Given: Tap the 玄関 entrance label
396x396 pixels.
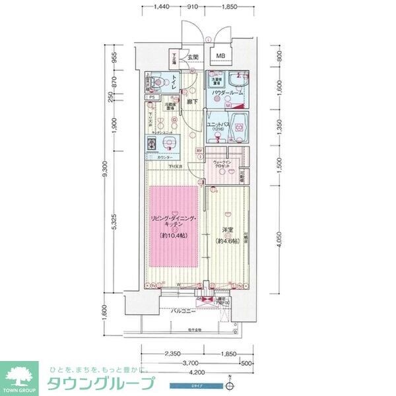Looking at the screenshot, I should [193, 57].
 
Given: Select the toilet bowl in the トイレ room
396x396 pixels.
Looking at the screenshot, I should [156, 83].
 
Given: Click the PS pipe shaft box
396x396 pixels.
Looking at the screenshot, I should [152, 98].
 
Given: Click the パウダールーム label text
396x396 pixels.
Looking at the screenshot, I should [228, 94].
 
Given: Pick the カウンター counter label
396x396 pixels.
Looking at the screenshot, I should [165, 158].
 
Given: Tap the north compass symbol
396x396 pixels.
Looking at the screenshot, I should [229, 382].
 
